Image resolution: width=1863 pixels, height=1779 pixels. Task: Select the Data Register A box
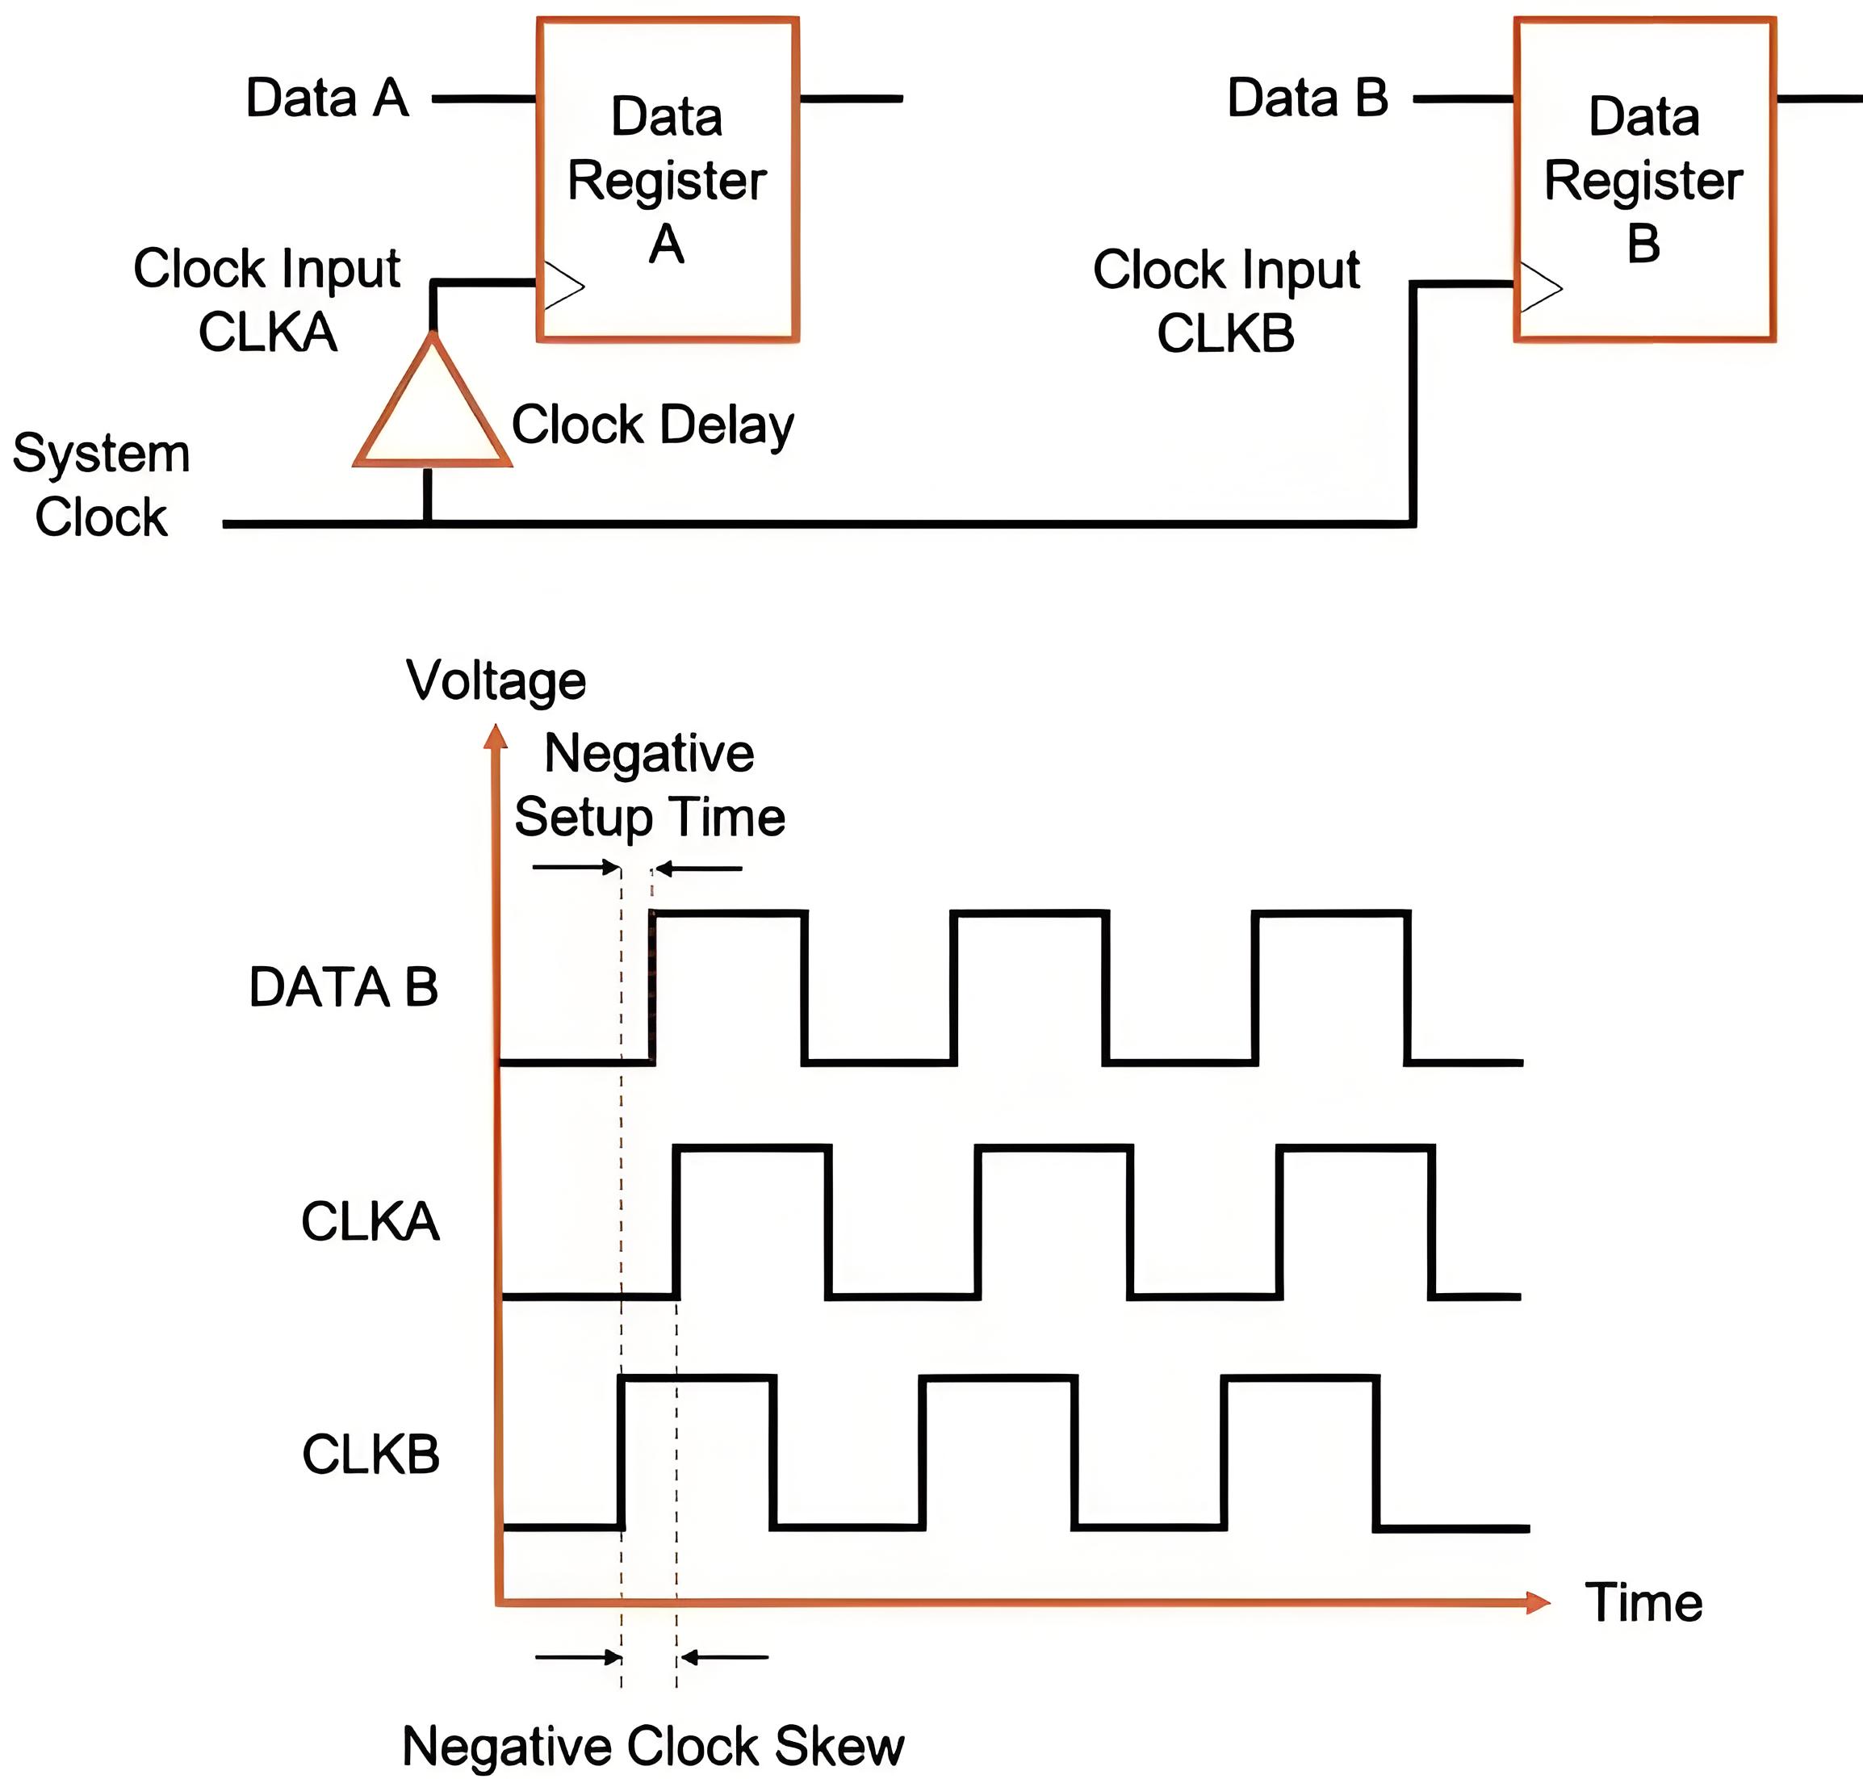(667, 179)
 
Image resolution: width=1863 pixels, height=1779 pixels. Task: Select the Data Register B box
(1643, 179)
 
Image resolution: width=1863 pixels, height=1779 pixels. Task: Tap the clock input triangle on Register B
(1539, 287)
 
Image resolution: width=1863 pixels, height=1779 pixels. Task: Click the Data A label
(327, 98)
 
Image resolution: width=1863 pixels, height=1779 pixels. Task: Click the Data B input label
(1308, 98)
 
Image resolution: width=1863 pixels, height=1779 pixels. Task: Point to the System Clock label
(102, 484)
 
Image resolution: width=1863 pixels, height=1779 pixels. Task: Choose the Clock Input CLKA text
(266, 299)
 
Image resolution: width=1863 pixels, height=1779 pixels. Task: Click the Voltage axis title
(496, 681)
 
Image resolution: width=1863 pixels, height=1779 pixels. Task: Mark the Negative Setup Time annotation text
(650, 785)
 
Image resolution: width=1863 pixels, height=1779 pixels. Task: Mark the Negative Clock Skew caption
(652, 1746)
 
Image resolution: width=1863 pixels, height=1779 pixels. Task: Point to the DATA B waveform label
(343, 987)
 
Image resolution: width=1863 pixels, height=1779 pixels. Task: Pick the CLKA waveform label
(370, 1220)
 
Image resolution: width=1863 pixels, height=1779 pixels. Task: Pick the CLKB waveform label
(371, 1454)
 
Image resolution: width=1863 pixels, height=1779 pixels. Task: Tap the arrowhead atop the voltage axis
(495, 737)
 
